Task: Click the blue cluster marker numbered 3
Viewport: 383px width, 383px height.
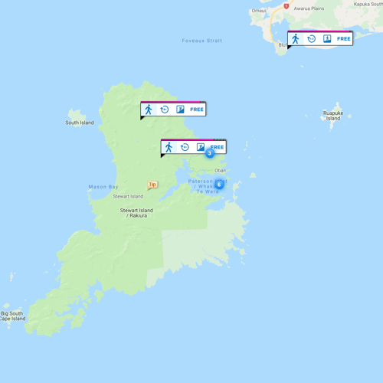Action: tap(210, 153)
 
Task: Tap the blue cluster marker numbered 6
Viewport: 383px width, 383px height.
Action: tap(219, 184)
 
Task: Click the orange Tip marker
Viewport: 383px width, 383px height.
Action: tap(152, 185)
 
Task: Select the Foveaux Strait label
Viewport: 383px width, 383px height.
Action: tap(202, 41)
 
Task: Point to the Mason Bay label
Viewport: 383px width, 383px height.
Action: tap(102, 187)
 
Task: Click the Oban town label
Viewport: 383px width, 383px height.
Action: tap(221, 170)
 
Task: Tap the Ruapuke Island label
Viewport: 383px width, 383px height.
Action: tap(332, 116)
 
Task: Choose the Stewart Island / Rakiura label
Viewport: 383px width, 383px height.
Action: tap(136, 213)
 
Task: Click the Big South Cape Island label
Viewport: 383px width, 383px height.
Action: tap(13, 316)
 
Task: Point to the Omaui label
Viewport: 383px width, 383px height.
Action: tap(259, 11)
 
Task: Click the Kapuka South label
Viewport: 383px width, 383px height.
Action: tap(368, 4)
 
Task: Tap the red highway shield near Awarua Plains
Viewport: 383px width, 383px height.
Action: tap(286, 5)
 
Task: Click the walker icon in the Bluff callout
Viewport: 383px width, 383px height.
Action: tap(296, 39)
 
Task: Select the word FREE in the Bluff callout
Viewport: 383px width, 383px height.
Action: tap(343, 39)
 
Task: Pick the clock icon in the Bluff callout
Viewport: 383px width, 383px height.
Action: tap(312, 39)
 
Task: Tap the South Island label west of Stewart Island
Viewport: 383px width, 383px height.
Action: tap(80, 123)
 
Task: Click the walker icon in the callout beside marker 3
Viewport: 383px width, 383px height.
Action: tap(169, 147)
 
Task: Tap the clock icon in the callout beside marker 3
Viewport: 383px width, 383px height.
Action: tap(185, 147)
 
